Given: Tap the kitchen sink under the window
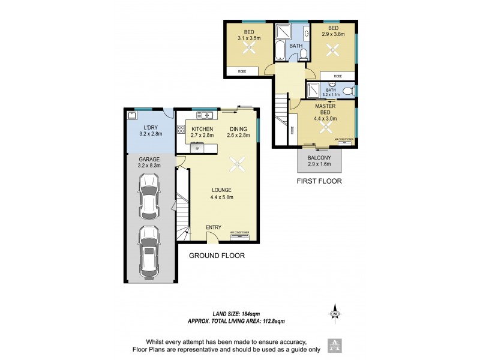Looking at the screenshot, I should pos(206,115).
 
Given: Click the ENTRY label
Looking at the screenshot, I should pos(214,227).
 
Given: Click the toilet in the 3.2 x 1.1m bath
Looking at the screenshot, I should pos(354,91).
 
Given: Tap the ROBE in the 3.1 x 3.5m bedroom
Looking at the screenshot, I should pos(242,72).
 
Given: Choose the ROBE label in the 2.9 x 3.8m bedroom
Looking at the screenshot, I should pos(338,76).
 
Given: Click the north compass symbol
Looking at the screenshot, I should pos(336,312).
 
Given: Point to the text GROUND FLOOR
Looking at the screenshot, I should pos(217,256).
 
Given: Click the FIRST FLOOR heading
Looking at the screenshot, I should pos(319,180).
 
